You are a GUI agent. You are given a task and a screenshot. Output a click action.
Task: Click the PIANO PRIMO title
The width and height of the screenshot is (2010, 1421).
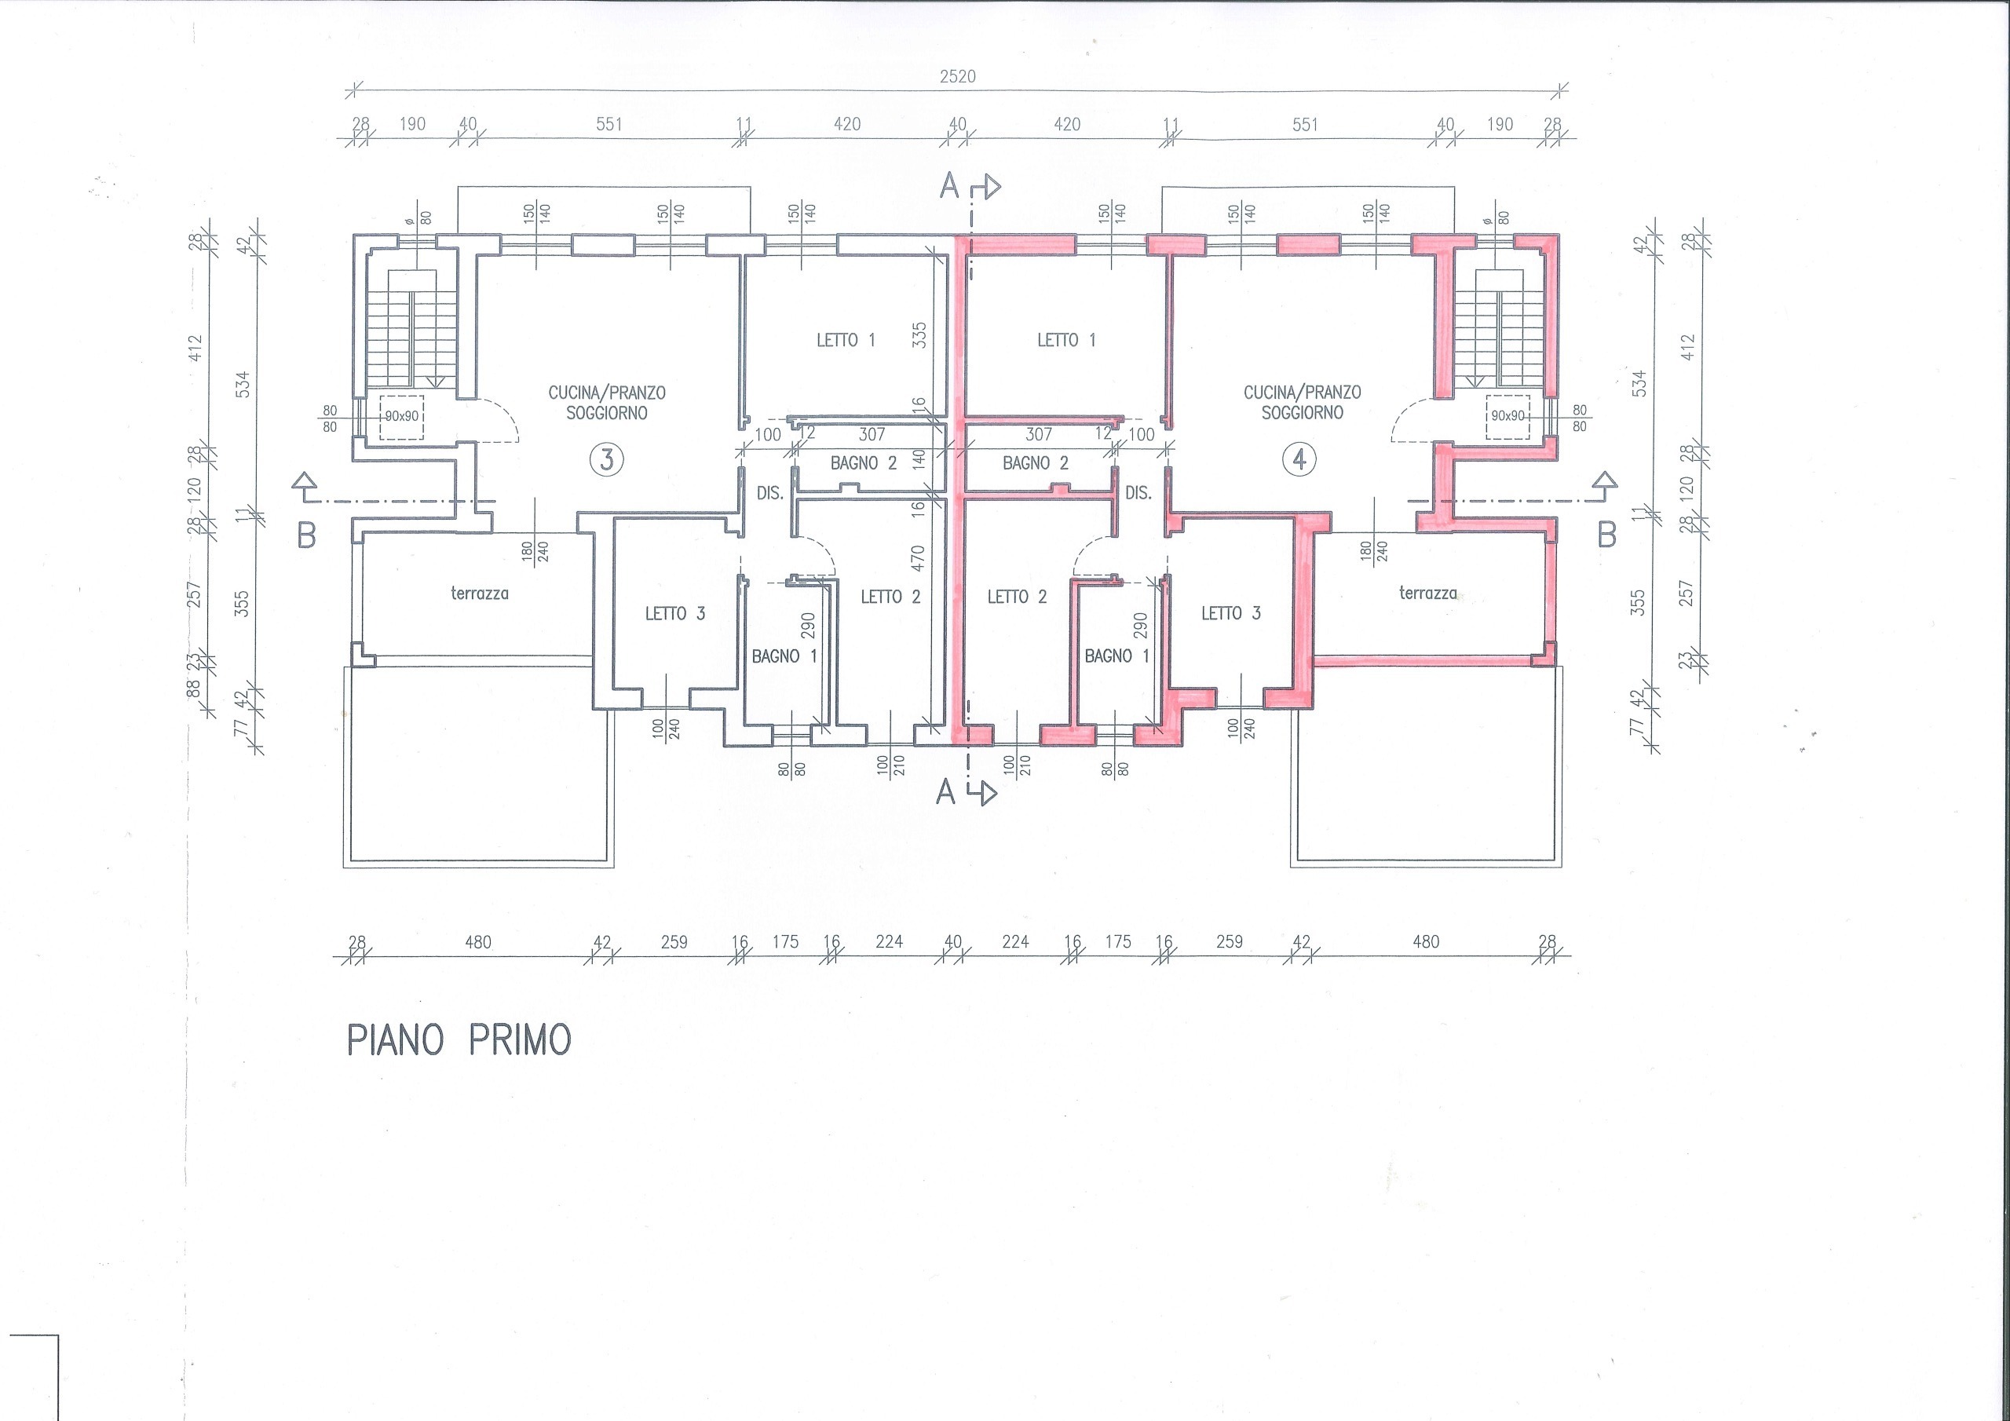tap(459, 1039)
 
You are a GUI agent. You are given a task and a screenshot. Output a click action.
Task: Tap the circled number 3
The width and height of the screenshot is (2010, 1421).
tap(607, 459)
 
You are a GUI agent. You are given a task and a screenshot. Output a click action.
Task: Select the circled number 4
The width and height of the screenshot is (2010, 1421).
tap(1299, 459)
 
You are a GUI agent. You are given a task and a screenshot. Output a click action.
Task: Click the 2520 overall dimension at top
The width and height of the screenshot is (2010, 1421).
tap(958, 76)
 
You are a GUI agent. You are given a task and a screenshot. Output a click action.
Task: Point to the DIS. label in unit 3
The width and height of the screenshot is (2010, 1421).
tap(769, 494)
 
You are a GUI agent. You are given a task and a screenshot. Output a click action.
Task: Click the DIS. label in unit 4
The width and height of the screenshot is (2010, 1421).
tap(1138, 494)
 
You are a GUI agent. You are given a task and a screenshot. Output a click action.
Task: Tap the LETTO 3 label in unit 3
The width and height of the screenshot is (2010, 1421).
tap(675, 614)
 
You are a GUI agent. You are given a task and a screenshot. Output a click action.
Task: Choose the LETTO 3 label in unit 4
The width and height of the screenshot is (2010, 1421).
tap(1231, 614)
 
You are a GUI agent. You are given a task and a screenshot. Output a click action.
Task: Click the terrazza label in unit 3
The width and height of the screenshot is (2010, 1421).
tap(480, 594)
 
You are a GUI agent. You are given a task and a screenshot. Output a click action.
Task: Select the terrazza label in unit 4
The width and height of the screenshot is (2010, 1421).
tap(1428, 594)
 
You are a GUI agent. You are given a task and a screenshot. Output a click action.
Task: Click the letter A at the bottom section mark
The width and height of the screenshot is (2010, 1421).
tap(945, 792)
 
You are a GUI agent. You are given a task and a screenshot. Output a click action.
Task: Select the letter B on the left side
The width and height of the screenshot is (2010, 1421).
tap(306, 535)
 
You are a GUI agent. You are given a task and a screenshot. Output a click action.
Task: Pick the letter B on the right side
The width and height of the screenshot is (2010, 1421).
tap(1606, 535)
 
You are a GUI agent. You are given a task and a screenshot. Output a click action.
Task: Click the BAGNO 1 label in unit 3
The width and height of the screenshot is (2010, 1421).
tap(784, 656)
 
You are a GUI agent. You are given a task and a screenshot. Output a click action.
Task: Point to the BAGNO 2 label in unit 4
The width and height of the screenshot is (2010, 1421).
tap(1036, 463)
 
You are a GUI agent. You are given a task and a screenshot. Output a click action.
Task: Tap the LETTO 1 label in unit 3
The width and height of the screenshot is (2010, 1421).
tap(846, 340)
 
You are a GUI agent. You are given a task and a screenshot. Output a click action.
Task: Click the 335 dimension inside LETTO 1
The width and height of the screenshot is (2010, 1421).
tap(919, 335)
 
